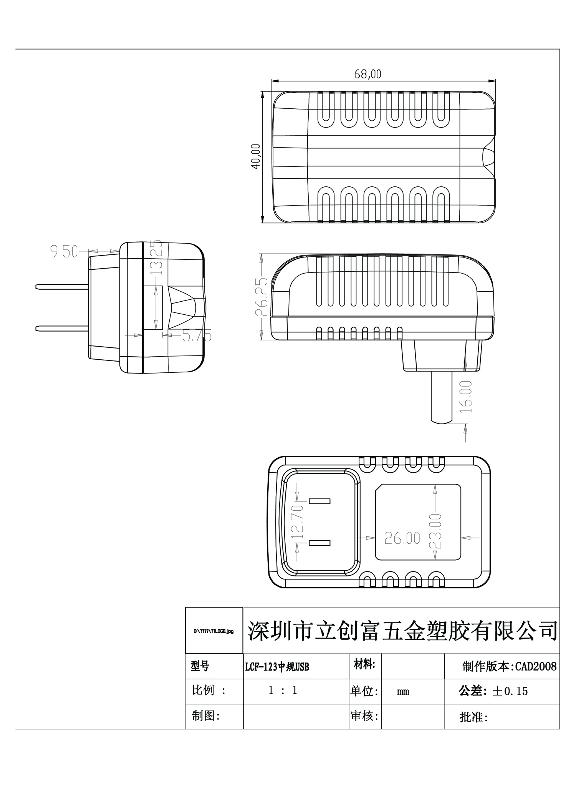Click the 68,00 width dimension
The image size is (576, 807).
tap(367, 74)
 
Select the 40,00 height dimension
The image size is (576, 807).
tap(256, 156)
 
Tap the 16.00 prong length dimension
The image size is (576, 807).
tap(466, 397)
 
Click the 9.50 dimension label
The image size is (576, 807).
tap(64, 252)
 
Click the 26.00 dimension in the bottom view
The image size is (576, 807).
tap(402, 538)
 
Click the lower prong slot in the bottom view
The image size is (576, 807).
tap(319, 543)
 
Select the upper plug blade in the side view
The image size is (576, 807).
tap(62, 287)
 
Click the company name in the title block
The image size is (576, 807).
tap(402, 631)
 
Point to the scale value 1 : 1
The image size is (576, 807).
tap(283, 691)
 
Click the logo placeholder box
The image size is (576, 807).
tap(214, 631)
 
